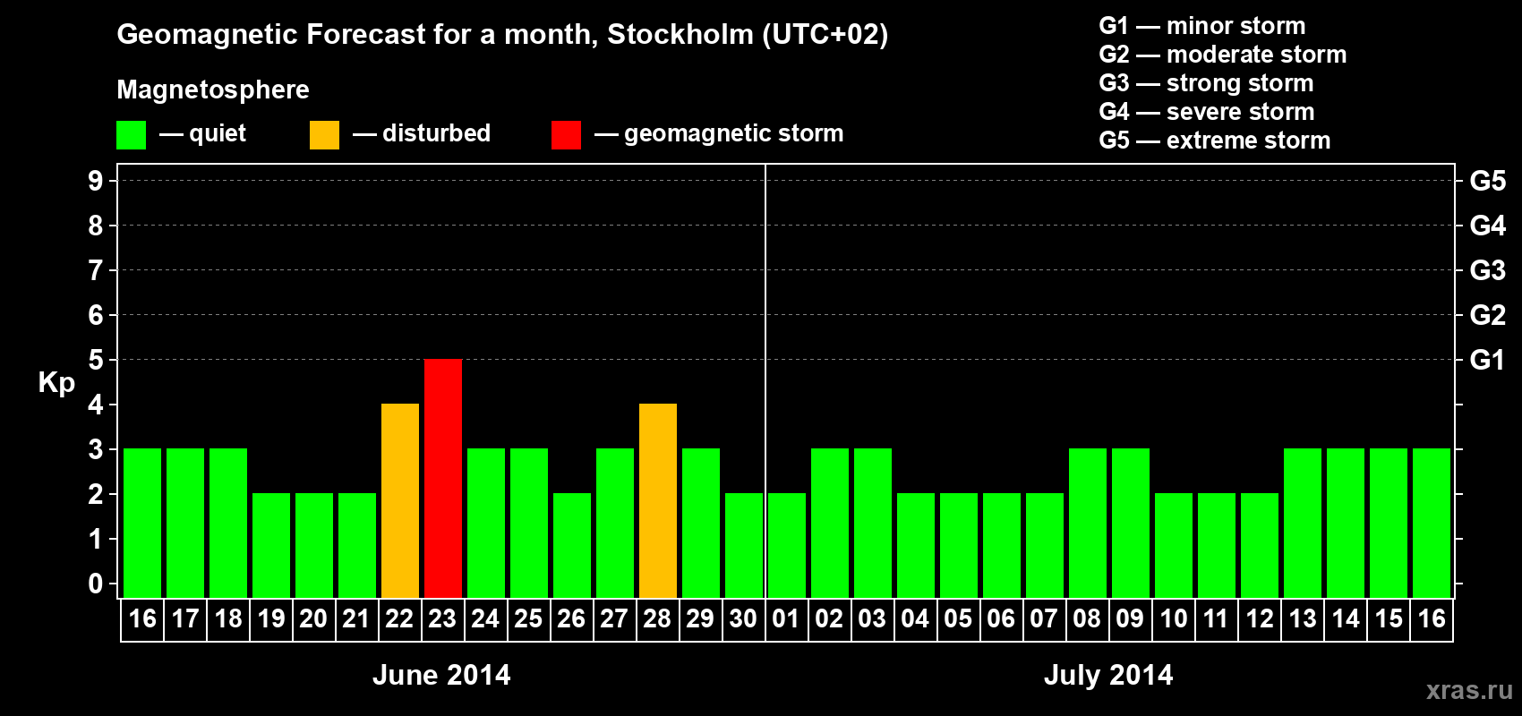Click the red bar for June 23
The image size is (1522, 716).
[443, 478]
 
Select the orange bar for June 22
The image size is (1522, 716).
[400, 500]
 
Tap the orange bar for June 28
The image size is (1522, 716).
[658, 500]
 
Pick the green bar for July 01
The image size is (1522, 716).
[787, 545]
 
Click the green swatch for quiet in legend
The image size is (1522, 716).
[132, 135]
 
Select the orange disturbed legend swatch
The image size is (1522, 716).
[324, 135]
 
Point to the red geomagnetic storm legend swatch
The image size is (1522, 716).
[566, 135]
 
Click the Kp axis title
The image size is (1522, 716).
[56, 382]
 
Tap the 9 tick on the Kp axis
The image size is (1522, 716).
[96, 181]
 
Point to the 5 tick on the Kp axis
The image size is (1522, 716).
[96, 360]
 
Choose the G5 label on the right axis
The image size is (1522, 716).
[1487, 181]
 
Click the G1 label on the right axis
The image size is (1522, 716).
[1487, 360]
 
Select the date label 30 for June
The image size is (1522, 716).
[743, 618]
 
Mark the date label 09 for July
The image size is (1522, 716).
[1130, 618]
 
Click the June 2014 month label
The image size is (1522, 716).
[441, 675]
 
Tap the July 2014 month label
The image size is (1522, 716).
[1108, 675]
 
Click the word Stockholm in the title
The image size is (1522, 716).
[680, 35]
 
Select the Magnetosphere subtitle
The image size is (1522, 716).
[213, 89]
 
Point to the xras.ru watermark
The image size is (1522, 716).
[1469, 690]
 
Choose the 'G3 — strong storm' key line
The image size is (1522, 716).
[1206, 83]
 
